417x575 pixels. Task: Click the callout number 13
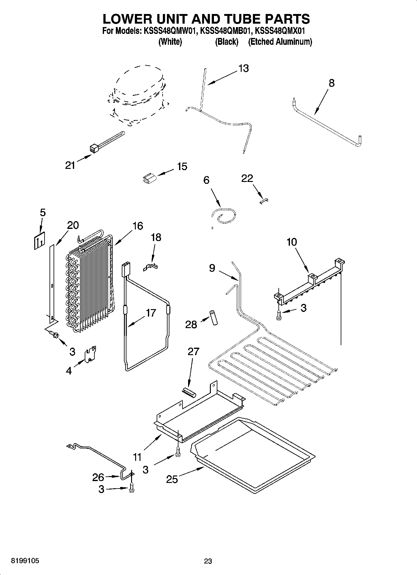[244, 68]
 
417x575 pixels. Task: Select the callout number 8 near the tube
[331, 83]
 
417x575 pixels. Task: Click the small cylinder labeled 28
[214, 317]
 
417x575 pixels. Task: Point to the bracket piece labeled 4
[91, 354]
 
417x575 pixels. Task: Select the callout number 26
[98, 477]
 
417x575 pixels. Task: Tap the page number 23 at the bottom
[208, 561]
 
